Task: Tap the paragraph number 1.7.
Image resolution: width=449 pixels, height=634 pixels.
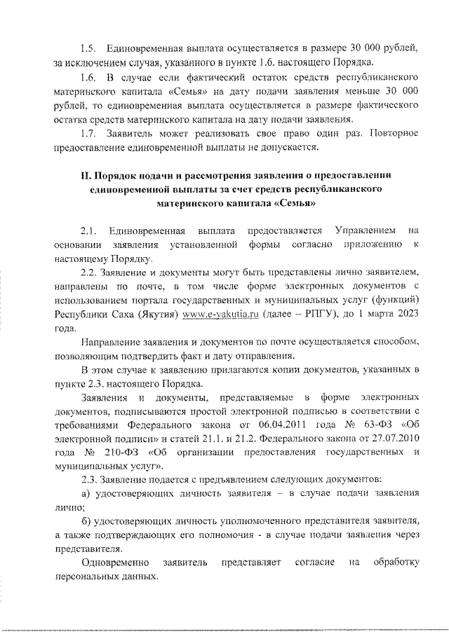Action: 89,132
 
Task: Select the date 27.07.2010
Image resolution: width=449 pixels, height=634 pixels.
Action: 394,440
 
